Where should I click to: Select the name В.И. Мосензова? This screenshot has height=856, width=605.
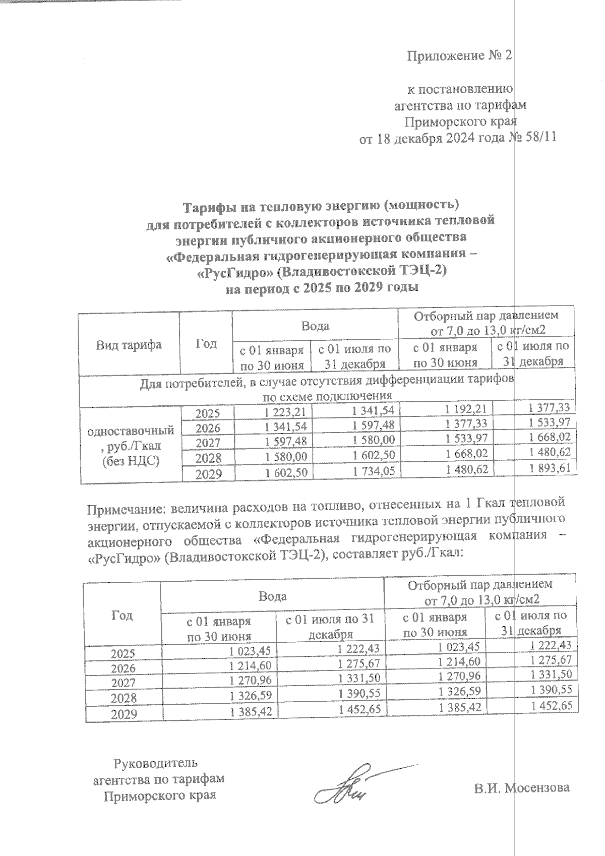[521, 787]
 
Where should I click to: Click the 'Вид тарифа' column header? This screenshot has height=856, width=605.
[129, 345]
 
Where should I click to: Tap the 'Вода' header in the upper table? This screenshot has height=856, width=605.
[315, 326]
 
